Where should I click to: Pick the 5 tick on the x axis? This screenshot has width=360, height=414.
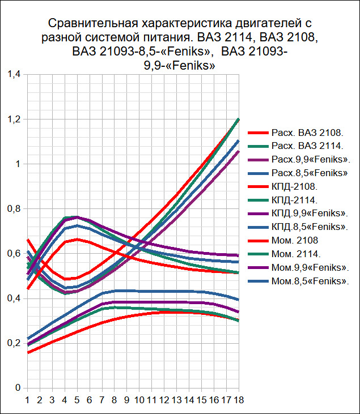click(77, 400)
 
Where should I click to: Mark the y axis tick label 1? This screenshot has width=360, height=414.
click(17, 164)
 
